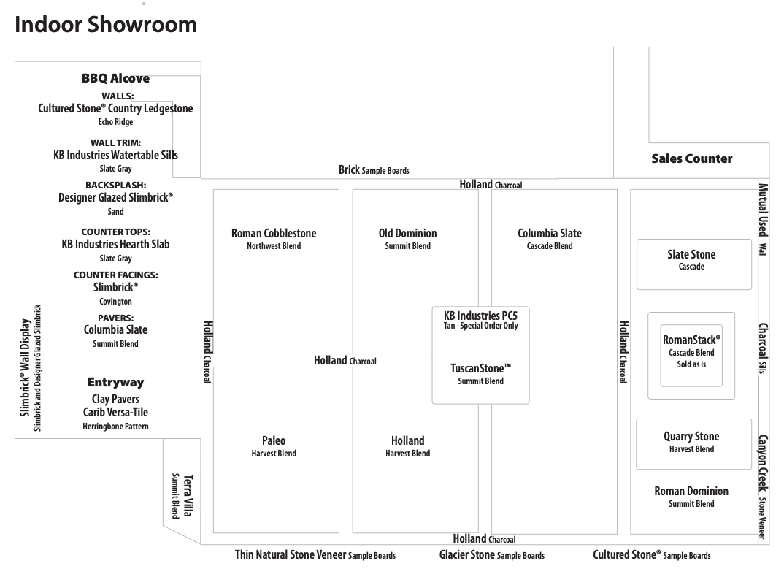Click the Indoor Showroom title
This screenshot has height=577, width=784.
[x=106, y=25]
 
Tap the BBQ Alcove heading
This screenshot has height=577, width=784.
[x=115, y=78]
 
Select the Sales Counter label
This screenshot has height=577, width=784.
[x=691, y=158]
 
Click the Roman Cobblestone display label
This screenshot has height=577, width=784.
[x=274, y=239]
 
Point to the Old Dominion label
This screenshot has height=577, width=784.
[x=407, y=239]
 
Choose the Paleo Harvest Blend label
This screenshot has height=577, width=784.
[x=274, y=446]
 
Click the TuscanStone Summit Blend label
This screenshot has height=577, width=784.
[x=480, y=374]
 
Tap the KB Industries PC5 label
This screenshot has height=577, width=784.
[x=480, y=320]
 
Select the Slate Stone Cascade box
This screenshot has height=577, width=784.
[x=694, y=264]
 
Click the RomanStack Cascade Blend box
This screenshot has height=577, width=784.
[x=691, y=355]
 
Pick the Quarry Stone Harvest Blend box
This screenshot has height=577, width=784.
[x=693, y=444]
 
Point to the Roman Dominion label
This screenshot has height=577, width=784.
[x=691, y=497]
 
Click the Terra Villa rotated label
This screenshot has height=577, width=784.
[x=182, y=495]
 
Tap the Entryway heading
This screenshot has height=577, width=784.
[x=115, y=382]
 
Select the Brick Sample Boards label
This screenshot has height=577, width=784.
[x=374, y=169]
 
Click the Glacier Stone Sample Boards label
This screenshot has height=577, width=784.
[x=491, y=554]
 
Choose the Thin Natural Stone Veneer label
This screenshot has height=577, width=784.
[x=315, y=554]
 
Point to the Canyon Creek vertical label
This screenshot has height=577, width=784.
[x=763, y=486]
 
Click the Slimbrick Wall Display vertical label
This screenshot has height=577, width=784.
[x=31, y=367]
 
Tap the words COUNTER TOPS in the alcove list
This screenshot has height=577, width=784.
[x=115, y=232]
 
